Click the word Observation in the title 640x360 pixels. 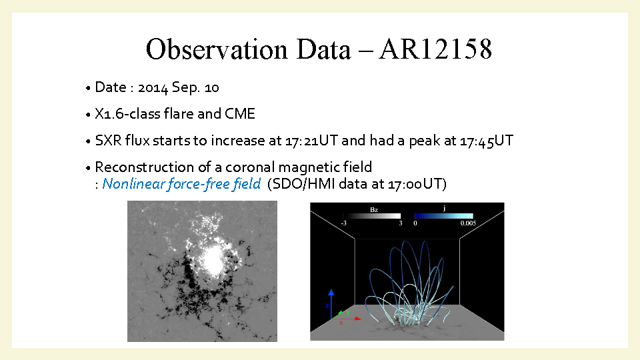pyautogui.click(x=217, y=49)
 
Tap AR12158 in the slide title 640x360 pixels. pyautogui.click(x=435, y=49)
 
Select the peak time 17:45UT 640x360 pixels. pyautogui.click(x=487, y=141)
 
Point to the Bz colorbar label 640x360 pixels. pyautogui.click(x=374, y=210)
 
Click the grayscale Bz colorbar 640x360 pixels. pyautogui.click(x=372, y=216)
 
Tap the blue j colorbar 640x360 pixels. pyautogui.click(x=444, y=216)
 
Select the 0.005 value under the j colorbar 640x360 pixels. pyautogui.click(x=468, y=223)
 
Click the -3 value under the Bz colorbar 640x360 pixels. pyautogui.click(x=344, y=223)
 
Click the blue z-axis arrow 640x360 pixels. pyautogui.click(x=331, y=304)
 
